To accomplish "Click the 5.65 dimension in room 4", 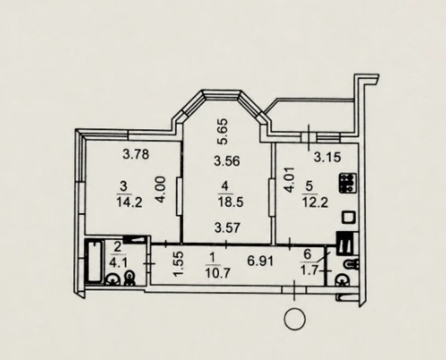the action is click(223, 132).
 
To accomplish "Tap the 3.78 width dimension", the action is click(136, 154).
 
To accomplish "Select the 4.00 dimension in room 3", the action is click(161, 190).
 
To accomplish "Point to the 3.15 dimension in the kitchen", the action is click(327, 157).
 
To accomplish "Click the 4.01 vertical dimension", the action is click(289, 180).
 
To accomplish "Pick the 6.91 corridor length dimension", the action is click(261, 261).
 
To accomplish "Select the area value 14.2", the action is click(129, 202).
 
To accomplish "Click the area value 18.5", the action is click(230, 202).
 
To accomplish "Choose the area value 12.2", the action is click(315, 202).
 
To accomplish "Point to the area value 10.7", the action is click(218, 274).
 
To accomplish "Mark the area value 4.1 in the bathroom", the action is click(117, 263).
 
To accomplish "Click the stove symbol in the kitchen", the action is click(348, 183).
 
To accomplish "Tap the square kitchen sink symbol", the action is click(349, 217).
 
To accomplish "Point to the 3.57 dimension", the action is click(227, 227).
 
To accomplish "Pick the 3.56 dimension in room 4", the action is click(227, 161).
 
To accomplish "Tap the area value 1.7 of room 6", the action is click(308, 271).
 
